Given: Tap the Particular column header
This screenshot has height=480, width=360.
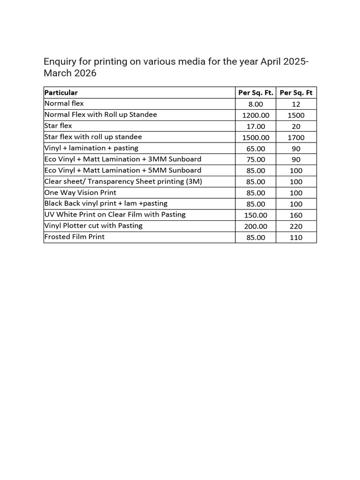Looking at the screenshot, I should pos(61,93).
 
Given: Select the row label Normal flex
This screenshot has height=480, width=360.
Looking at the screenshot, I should pos(64,104).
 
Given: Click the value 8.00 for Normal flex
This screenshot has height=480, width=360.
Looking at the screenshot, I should pos(255,104).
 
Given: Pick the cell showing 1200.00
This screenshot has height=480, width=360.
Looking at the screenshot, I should pos(255,115).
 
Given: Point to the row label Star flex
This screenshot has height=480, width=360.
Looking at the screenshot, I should pos(58,126).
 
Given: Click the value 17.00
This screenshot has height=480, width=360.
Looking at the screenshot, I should pos(255,127).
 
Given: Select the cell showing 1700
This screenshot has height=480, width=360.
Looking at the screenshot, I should pos(296,138).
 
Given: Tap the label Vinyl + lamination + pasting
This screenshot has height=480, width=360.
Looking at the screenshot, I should pos(91,148).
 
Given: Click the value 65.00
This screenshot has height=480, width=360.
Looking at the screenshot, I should pos(255,149).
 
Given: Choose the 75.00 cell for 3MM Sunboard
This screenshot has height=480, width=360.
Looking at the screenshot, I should pos(255,160).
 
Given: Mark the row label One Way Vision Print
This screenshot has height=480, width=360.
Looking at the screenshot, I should pos(80,193).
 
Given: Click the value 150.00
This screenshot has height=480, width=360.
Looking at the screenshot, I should pos(255,215).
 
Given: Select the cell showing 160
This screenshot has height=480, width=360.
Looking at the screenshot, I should pos(296,216).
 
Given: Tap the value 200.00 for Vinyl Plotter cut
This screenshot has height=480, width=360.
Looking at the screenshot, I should pos(255,226).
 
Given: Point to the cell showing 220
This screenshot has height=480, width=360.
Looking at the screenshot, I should pos(296,226).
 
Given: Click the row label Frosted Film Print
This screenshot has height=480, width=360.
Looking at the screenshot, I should pos(74,237).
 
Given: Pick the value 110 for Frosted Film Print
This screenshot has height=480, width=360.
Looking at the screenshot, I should pos(296,238).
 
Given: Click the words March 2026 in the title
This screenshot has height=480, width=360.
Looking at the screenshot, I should pos(71,74).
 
